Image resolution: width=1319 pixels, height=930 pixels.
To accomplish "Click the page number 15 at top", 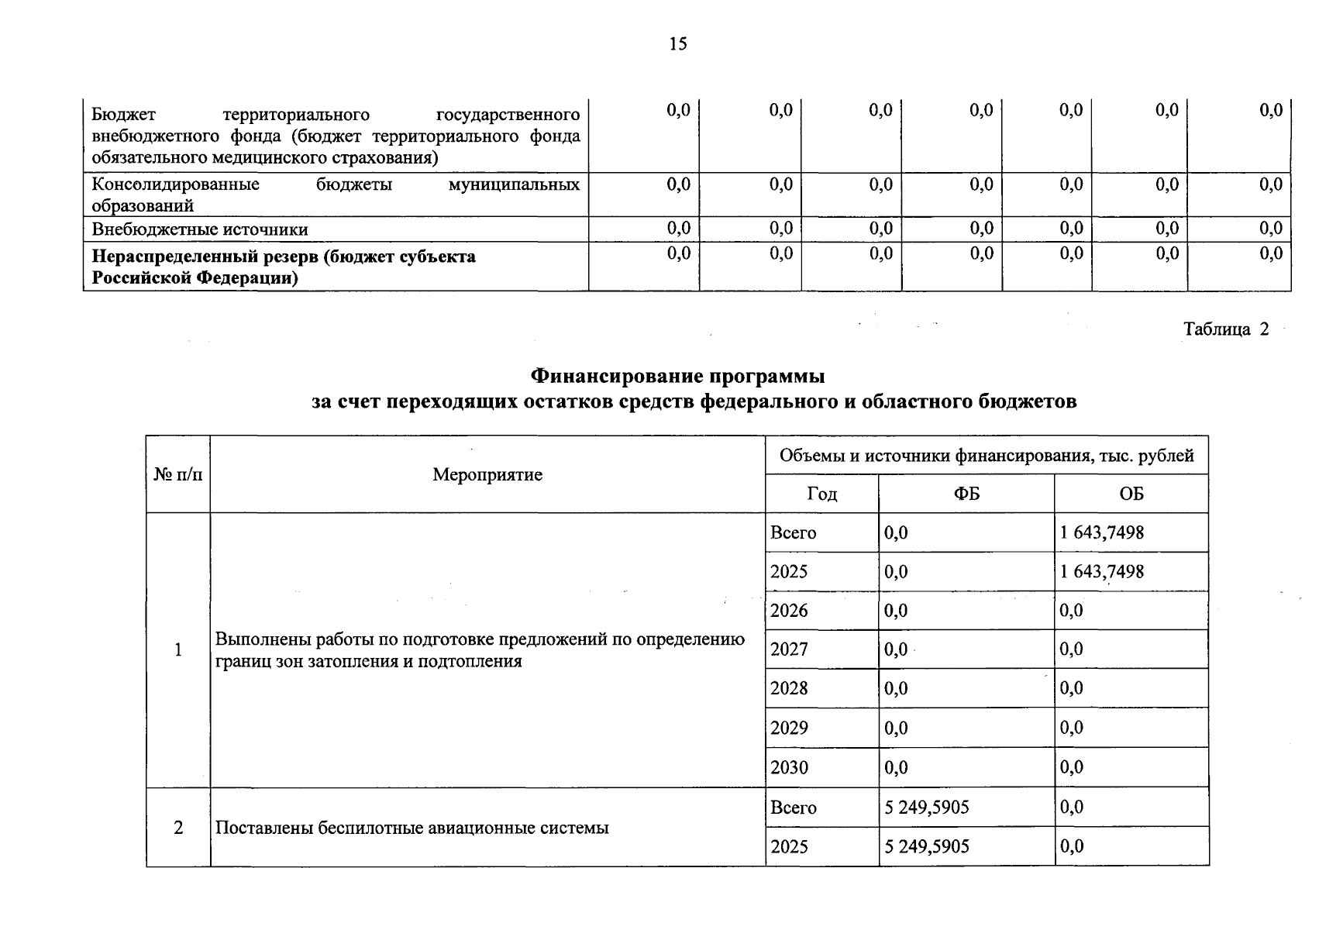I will coord(677,44).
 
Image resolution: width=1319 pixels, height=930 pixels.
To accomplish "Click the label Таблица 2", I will coord(1226,329).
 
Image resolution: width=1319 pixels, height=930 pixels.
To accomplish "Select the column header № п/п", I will coord(178,474).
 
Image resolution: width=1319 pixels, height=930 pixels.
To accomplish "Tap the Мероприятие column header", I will coord(487,474).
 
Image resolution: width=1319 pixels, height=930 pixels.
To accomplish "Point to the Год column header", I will coord(821,494).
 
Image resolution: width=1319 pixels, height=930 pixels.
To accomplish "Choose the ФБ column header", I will coord(966,494).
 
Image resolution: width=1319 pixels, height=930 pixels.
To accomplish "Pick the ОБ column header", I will coord(1131,494).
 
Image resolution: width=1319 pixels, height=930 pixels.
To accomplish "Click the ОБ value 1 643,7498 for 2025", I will coord(1102,572).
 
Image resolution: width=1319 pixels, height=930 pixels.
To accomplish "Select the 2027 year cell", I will coord(789,649).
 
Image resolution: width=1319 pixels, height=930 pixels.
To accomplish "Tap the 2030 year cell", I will coord(789,767).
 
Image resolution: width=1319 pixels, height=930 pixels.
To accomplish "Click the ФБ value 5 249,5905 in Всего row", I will coord(927,808).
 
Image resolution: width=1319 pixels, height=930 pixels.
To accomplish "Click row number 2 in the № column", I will coord(178,828).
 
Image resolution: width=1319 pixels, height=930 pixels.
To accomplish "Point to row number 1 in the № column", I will coord(178,649).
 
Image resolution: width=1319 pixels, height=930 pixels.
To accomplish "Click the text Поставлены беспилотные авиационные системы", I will coord(412,828).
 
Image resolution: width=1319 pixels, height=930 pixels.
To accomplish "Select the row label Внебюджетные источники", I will coord(200,229).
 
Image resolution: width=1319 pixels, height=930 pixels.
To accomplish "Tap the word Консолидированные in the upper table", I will coord(175,184).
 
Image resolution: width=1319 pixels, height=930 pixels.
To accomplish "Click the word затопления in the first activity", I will coord(353,661).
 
